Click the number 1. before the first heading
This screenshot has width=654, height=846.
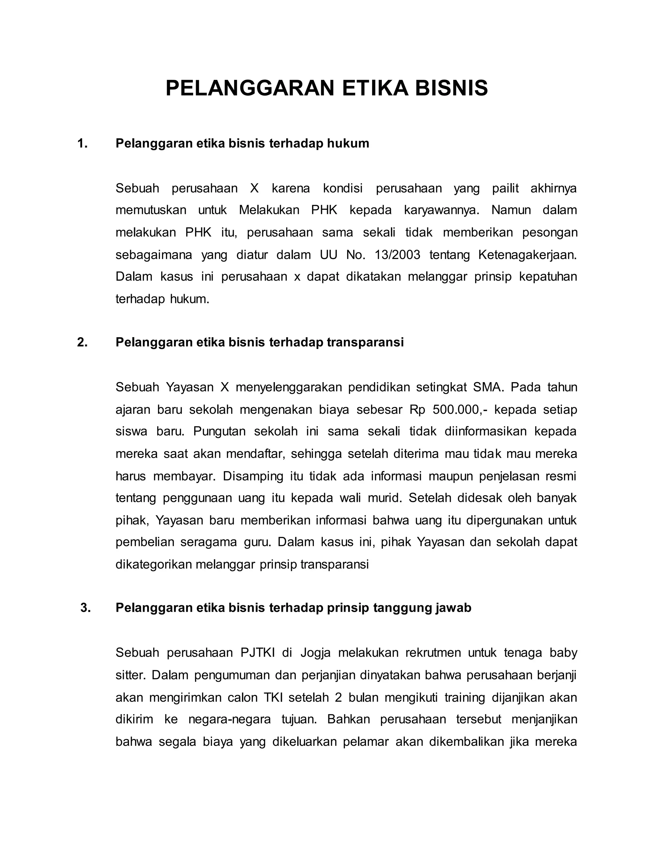tap(82, 143)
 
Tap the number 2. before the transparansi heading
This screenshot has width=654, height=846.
tap(82, 342)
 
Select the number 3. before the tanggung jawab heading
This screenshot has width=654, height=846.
tap(85, 608)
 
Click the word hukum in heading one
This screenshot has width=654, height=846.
tap(348, 143)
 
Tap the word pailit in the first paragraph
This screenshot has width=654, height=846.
tap(505, 188)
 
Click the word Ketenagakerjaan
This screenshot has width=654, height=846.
tap(527, 255)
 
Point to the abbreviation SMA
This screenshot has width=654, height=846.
tap(489, 387)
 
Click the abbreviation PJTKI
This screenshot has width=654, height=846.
tap(258, 653)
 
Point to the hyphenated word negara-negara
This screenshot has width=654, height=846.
tap(229, 719)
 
